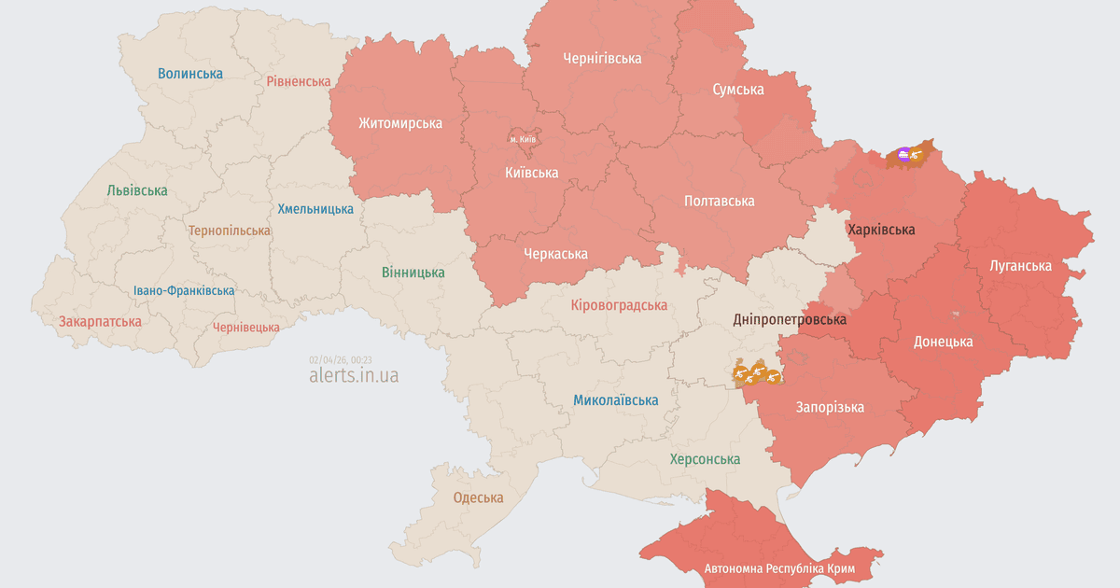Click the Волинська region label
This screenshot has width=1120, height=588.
[x=190, y=73]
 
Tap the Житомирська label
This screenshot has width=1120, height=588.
[x=400, y=123]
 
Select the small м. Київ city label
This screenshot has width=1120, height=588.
[x=523, y=139]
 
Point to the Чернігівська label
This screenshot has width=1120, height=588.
[x=602, y=59]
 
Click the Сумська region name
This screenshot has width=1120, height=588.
[x=737, y=90]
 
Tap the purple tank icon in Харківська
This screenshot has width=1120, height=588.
[x=903, y=153]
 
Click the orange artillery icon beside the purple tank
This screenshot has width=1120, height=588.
[x=917, y=156]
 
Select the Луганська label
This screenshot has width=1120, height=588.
[x=1020, y=266]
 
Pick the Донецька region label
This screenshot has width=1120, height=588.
[x=943, y=342]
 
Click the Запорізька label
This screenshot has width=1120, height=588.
[x=830, y=407]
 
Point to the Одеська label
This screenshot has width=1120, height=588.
[x=478, y=497]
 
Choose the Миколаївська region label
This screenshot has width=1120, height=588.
[x=615, y=400]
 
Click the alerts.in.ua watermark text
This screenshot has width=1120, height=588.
[x=354, y=375]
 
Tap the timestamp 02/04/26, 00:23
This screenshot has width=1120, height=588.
[x=341, y=359]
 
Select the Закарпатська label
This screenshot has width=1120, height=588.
[x=100, y=322]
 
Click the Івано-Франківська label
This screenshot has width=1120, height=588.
[x=184, y=291]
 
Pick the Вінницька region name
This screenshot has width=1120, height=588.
[x=413, y=273]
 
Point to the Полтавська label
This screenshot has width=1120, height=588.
[x=719, y=201]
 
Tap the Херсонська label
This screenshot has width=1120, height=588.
[x=705, y=459]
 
